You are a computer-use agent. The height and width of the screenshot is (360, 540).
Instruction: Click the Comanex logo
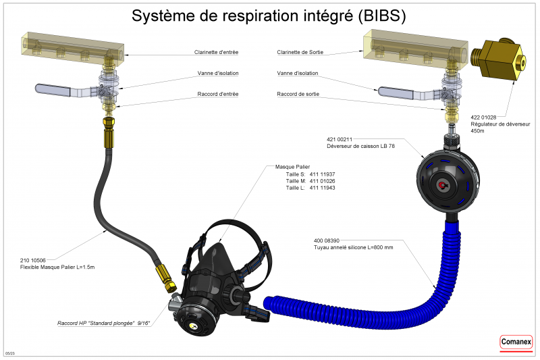[x=516, y=343]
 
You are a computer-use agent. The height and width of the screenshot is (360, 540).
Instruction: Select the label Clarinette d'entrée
[x=216, y=52]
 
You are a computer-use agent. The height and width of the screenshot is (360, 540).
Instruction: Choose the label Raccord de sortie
[x=298, y=94]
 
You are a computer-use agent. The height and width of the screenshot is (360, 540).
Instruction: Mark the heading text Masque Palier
[x=292, y=166]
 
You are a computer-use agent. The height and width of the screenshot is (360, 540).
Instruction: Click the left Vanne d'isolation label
[x=217, y=73]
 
